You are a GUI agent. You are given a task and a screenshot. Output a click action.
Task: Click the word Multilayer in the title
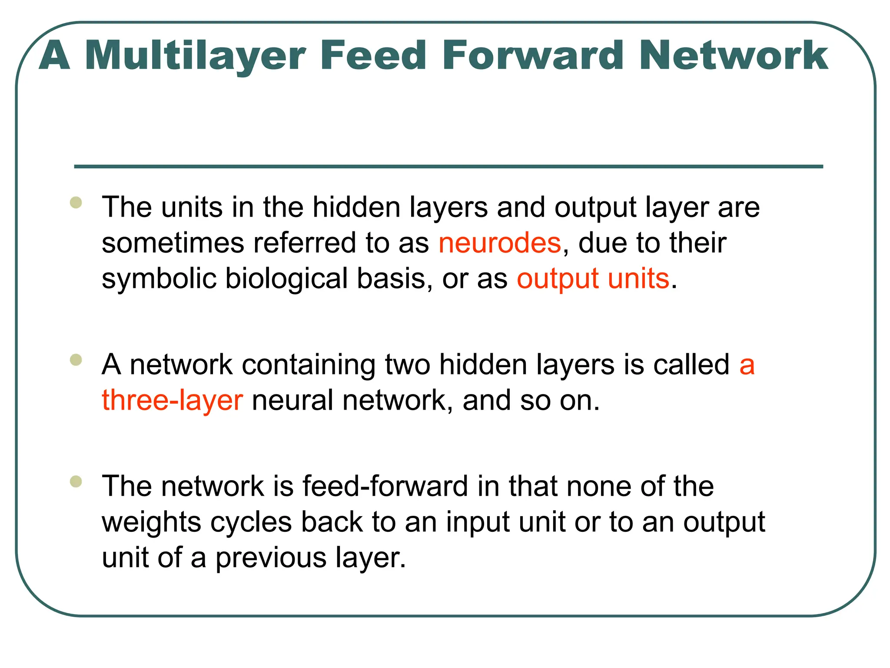(196, 56)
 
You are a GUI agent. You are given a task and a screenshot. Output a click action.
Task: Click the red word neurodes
(500, 243)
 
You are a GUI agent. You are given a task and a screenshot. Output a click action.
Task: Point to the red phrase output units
(593, 278)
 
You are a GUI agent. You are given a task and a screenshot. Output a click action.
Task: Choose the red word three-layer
(172, 400)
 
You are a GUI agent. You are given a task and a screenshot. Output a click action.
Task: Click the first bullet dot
(76, 203)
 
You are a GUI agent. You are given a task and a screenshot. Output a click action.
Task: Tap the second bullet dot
(76, 360)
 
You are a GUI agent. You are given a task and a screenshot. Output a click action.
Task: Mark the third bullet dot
(76, 481)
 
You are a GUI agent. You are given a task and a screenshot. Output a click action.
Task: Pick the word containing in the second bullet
(309, 364)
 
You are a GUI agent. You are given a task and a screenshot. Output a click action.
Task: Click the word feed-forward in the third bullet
(385, 486)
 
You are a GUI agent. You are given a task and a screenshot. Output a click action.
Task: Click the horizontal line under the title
(448, 167)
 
